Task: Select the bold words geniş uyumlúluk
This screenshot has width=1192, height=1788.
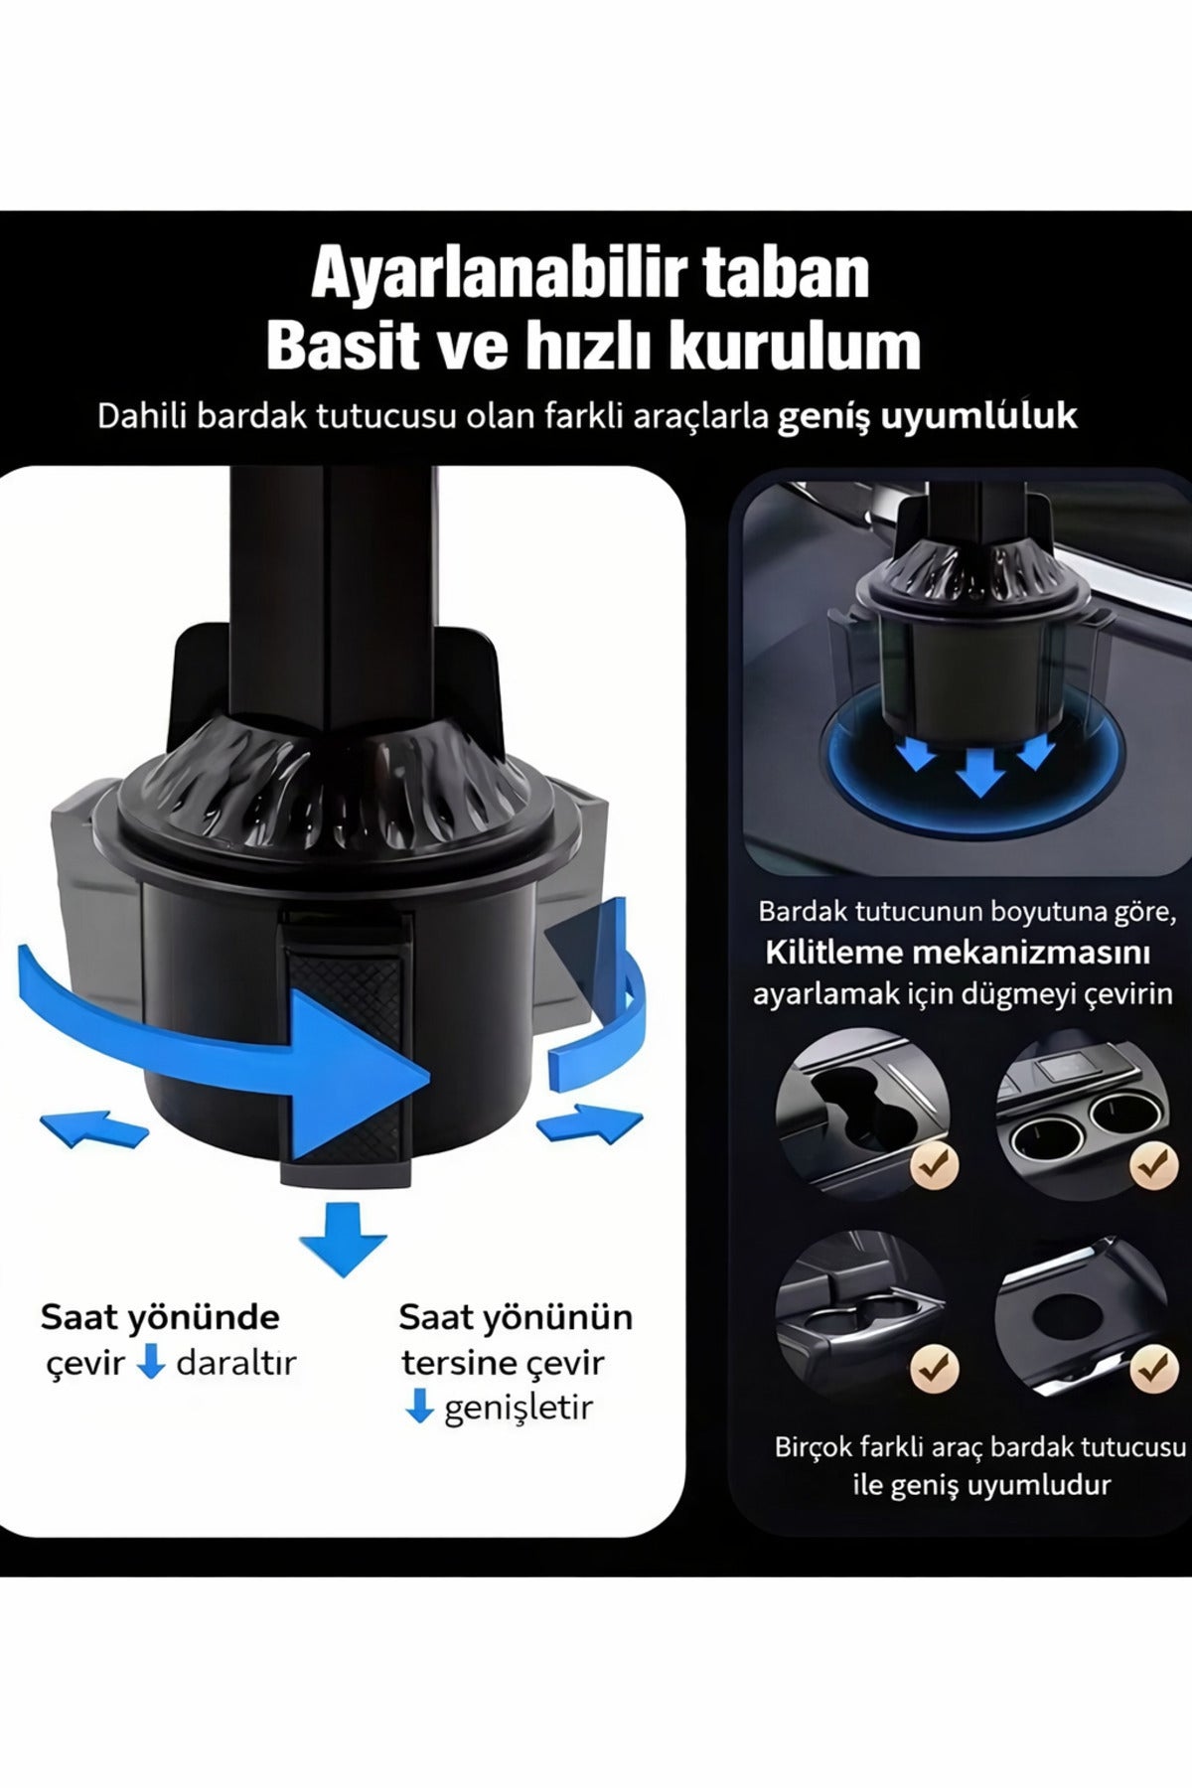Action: tap(926, 415)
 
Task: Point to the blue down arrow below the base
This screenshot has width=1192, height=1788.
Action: tap(343, 1237)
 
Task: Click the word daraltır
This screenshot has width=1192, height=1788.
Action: tap(236, 1363)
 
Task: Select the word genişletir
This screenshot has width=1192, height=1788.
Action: tap(518, 1408)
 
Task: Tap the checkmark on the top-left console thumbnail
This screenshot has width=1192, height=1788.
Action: tap(934, 1165)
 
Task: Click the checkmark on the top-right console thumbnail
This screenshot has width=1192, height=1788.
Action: tap(1153, 1165)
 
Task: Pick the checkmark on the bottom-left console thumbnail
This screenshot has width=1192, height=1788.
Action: tap(934, 1369)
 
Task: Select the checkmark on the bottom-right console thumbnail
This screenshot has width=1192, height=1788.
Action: tap(1153, 1369)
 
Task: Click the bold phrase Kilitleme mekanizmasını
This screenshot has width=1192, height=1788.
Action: tap(957, 953)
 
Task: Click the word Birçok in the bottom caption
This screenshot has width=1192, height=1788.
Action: tap(814, 1446)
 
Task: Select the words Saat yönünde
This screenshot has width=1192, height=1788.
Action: tap(159, 1317)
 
